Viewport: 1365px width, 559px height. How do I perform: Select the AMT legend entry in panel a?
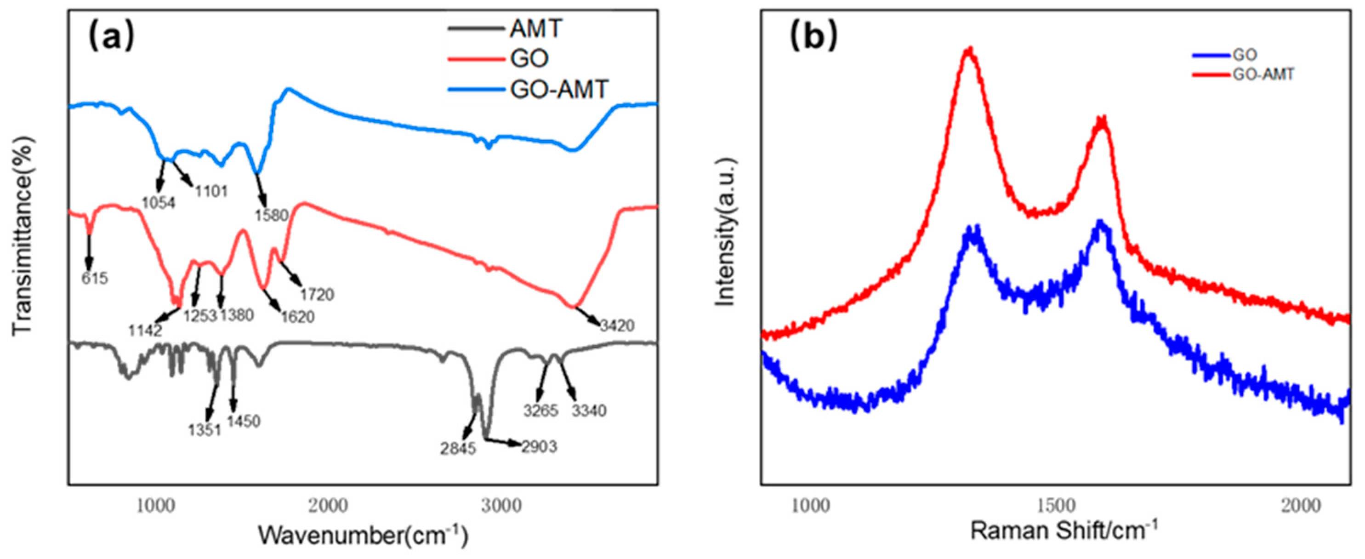click(535, 28)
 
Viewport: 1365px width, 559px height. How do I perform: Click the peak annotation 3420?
click(617, 325)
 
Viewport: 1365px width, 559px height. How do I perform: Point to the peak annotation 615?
click(95, 278)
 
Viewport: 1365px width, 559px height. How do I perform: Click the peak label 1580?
click(271, 215)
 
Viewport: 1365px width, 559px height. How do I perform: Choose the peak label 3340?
click(589, 410)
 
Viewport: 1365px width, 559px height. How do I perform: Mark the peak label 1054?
click(159, 202)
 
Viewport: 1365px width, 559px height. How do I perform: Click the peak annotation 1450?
click(243, 422)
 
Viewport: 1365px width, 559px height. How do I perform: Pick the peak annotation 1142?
click(145, 331)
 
